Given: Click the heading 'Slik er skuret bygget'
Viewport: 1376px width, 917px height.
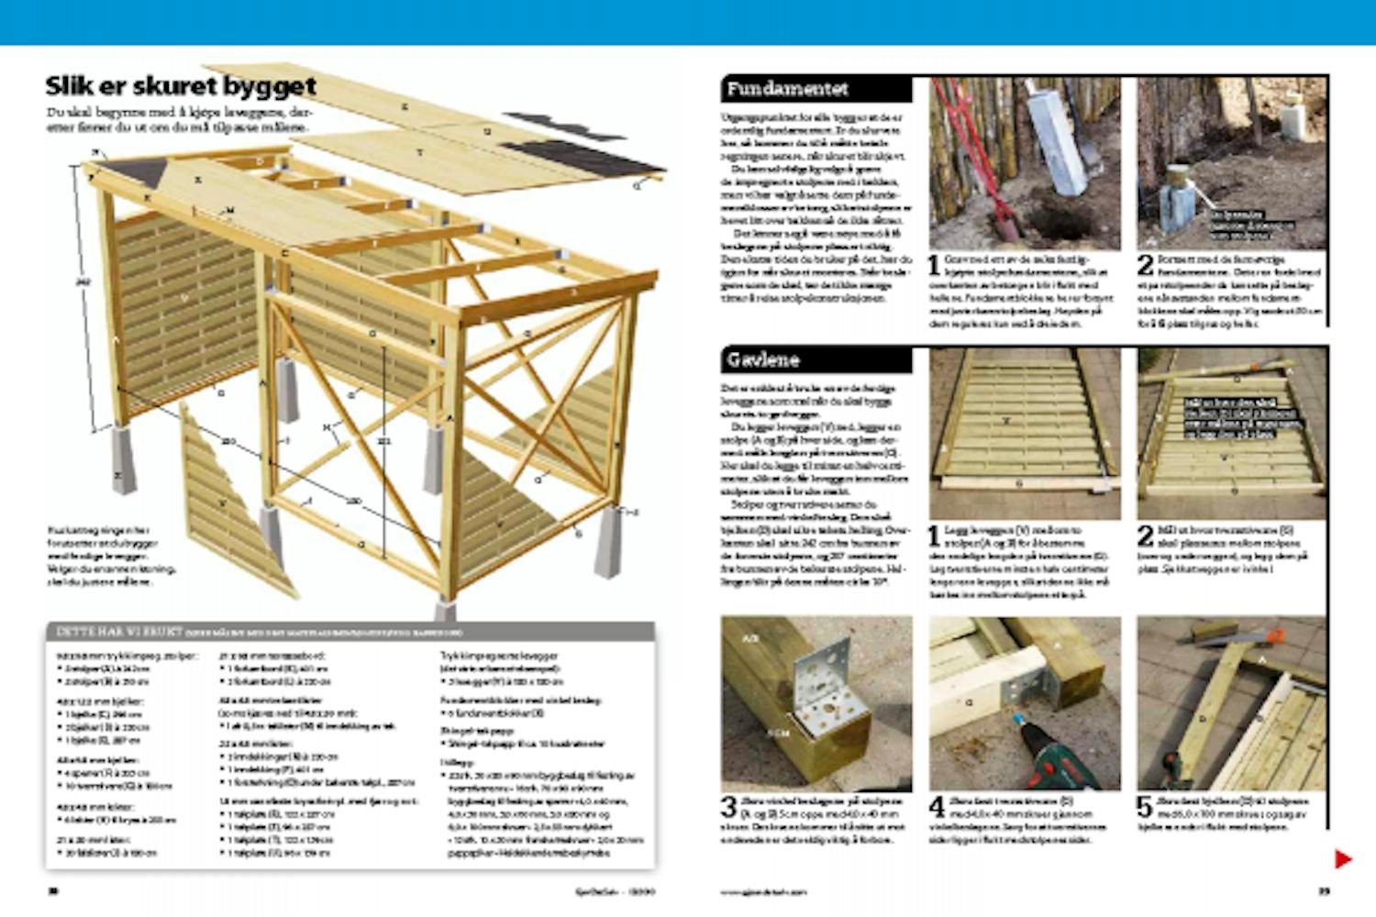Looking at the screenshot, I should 181,86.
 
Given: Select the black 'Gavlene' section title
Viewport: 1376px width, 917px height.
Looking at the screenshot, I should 763,359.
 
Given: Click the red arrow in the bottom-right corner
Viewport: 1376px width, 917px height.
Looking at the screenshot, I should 1343,859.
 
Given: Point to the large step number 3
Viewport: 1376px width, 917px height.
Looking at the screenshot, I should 729,807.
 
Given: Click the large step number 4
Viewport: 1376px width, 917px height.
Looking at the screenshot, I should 937,807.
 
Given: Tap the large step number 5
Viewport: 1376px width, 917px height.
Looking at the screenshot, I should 1144,807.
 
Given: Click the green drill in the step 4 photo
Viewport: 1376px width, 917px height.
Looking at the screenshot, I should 1055,761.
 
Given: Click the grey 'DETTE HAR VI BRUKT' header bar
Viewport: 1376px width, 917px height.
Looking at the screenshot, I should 350,632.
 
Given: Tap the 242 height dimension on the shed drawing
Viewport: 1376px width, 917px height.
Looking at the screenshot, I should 82,282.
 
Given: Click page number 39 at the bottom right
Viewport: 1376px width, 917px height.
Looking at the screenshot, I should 1324,890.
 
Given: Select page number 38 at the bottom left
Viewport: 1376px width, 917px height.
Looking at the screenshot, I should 53,890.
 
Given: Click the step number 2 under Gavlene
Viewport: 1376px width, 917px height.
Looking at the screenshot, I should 1145,536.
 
